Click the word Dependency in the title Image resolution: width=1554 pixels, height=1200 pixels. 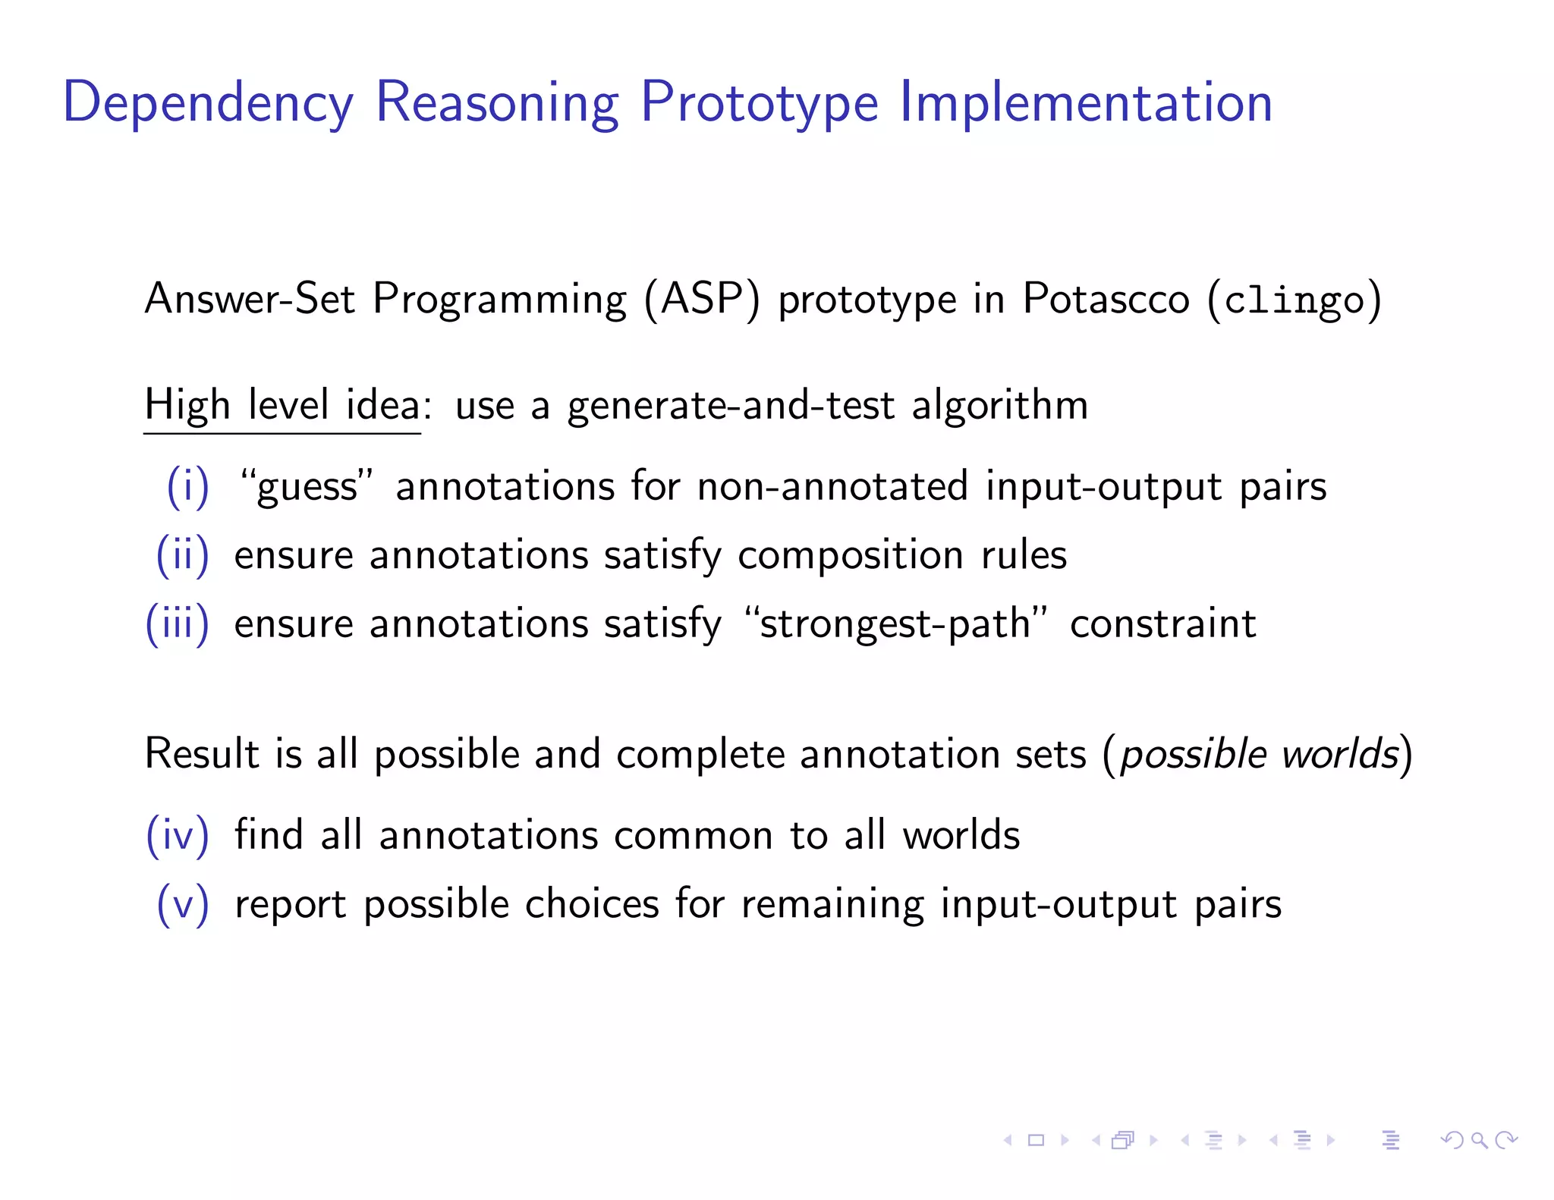coord(208,102)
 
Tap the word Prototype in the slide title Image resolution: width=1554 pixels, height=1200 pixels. coord(759,102)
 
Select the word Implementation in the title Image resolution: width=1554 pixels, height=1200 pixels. coord(1086,102)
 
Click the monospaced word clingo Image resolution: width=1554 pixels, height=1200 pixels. coord(1294,300)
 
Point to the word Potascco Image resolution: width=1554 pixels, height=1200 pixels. coord(1106,299)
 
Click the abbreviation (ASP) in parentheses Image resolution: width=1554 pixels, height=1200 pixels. coord(702,299)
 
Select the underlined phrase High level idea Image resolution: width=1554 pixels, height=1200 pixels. coord(282,405)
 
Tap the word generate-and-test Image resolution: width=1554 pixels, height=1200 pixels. coord(731,405)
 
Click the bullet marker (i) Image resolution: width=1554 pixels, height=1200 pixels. coord(187,486)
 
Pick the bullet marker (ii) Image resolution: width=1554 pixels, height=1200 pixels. coord(182,555)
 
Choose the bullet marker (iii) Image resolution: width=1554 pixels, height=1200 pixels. coord(177,624)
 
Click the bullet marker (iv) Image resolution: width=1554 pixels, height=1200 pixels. coord(177,835)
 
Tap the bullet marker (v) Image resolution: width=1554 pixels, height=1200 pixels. coord(182,904)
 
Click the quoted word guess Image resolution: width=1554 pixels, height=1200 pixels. coord(307,486)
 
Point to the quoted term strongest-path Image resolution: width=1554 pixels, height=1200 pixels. coord(895,624)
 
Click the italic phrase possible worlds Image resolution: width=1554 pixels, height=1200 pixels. coord(1259,754)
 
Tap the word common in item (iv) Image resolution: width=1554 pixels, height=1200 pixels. coord(693,835)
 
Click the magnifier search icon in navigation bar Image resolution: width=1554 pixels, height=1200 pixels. coord(1479,1139)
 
